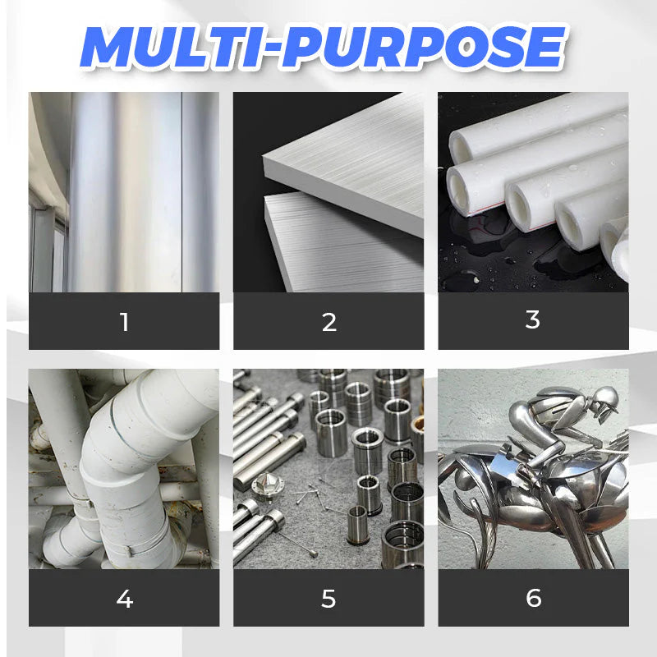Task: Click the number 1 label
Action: click(x=124, y=322)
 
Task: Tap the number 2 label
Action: click(x=329, y=322)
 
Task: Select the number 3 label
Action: click(x=532, y=319)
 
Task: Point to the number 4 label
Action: click(x=125, y=599)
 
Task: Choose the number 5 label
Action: click(x=328, y=599)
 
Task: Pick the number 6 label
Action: click(x=533, y=598)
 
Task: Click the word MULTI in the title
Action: click(x=175, y=47)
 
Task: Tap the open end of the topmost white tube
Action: click(x=460, y=149)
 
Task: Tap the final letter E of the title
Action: click(x=544, y=47)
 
